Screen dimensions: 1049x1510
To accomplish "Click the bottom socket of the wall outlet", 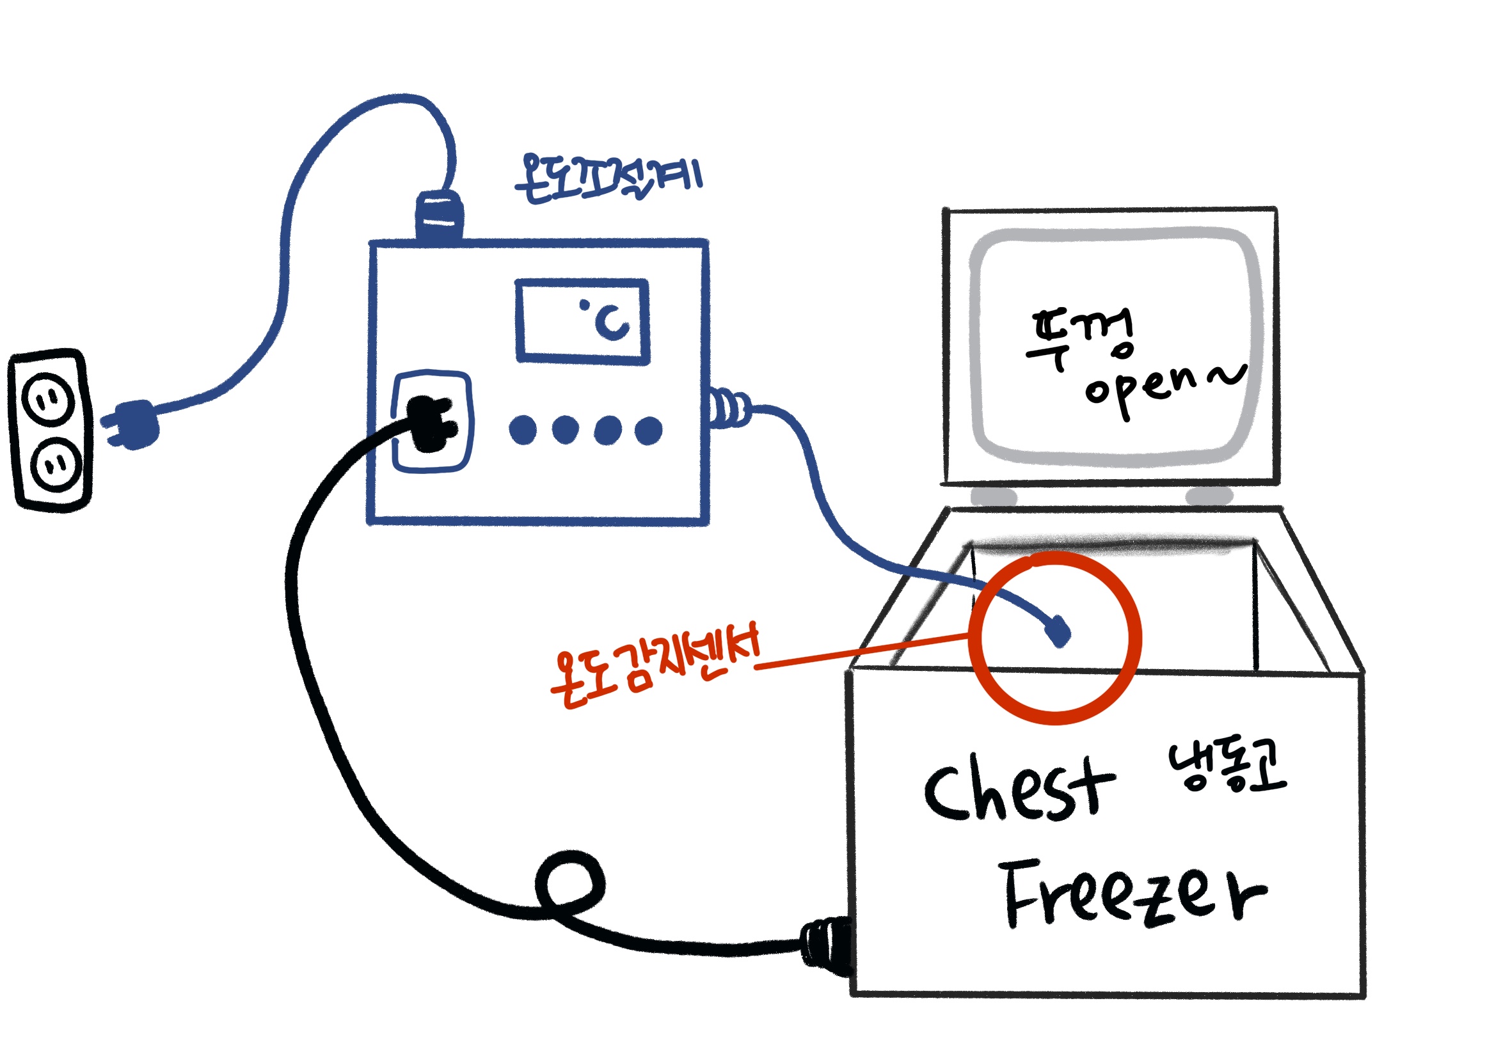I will [56, 464].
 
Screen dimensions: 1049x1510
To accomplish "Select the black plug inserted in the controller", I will [431, 423].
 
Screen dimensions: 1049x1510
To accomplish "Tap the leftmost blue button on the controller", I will [523, 430].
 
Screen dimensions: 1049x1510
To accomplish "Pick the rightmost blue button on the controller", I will [648, 430].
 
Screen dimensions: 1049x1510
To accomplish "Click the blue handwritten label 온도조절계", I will [608, 178].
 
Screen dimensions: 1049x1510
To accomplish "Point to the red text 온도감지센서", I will [654, 665].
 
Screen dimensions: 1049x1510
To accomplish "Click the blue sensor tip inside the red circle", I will [1058, 631].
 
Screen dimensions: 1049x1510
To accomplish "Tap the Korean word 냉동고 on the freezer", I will [1226, 766].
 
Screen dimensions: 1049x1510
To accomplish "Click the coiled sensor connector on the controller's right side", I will [728, 408].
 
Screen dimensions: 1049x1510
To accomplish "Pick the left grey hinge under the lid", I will [993, 496].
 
